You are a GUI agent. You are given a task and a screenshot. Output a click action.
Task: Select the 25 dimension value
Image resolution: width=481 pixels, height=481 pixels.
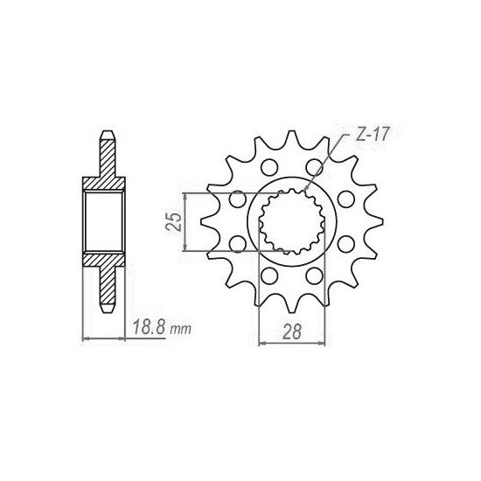175,220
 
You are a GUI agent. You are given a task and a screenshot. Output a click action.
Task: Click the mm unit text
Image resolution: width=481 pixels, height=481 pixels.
180,330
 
